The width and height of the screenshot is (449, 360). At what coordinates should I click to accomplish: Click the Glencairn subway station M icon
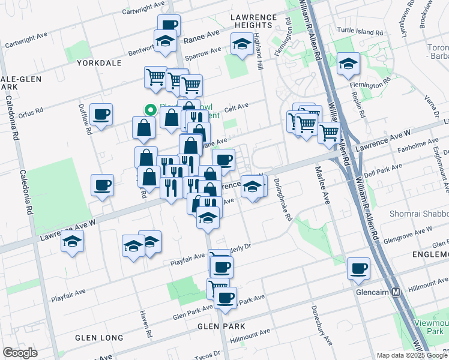[396, 292]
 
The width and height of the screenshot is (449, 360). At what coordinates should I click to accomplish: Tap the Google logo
[20, 352]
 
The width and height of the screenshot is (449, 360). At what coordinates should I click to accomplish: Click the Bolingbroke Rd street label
[282, 200]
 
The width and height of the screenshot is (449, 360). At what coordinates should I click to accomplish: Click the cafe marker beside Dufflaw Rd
[101, 114]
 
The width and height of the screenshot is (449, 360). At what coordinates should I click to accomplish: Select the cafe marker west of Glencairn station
[359, 269]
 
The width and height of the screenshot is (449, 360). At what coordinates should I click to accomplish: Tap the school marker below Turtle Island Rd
[348, 64]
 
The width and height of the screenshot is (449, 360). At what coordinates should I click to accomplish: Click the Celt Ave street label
[236, 108]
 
